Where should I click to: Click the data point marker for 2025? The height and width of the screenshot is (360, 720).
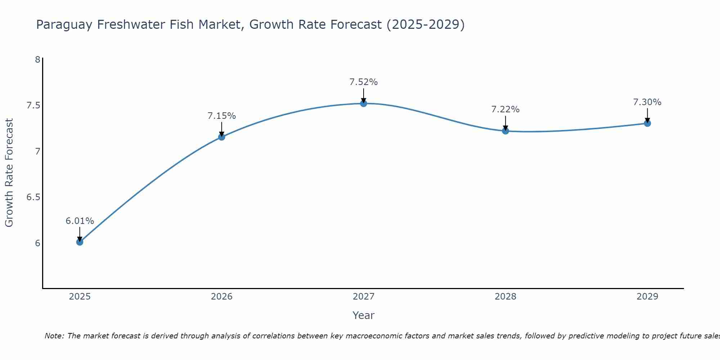pos(80,242)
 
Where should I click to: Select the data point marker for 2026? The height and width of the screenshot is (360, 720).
pos(222,137)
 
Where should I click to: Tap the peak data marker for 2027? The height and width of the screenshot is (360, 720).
pos(364,103)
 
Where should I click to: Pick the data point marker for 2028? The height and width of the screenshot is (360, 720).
pos(505,131)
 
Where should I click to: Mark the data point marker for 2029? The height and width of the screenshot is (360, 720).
pos(647,123)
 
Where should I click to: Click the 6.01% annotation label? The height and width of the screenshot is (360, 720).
pos(80,221)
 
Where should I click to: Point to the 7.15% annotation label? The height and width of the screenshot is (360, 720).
pos(222,116)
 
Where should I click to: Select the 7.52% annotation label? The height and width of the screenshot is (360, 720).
pos(364,82)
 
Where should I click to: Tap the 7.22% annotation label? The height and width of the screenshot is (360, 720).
pos(505,109)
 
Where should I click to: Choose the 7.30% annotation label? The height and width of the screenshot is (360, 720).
pos(647,102)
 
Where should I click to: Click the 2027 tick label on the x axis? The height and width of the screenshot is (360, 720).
pos(364,297)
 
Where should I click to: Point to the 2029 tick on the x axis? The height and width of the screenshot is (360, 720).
pos(647,297)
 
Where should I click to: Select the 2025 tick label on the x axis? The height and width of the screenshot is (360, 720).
pos(80,297)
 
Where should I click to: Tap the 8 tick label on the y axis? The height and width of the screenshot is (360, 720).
pos(37,60)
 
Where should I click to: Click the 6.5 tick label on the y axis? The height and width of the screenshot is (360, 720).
pos(33,197)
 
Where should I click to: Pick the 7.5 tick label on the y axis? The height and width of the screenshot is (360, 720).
pos(33,105)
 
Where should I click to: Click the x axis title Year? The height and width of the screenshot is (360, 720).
pos(364,315)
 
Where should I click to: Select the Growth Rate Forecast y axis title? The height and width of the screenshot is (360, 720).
pos(9,173)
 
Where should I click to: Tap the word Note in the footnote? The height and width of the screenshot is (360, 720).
pos(54,336)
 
